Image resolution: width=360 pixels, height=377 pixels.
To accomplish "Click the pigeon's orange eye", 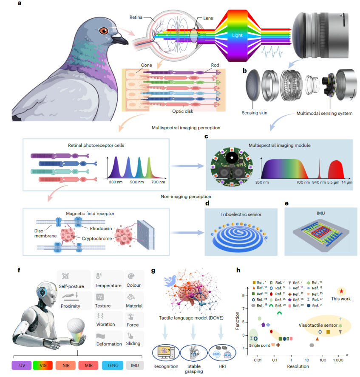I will tap(104, 31).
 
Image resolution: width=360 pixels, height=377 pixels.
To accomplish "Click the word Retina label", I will tap(138, 17).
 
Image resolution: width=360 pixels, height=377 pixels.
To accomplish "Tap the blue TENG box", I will tap(113, 365).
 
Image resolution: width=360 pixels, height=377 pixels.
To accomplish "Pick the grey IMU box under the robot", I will tap(135, 365).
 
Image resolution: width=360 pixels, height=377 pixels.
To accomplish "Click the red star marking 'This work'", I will tap(341, 291).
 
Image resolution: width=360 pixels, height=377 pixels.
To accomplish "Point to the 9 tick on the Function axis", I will tap(244, 295).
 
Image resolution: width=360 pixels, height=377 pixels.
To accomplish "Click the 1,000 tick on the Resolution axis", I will tap(338, 360).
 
